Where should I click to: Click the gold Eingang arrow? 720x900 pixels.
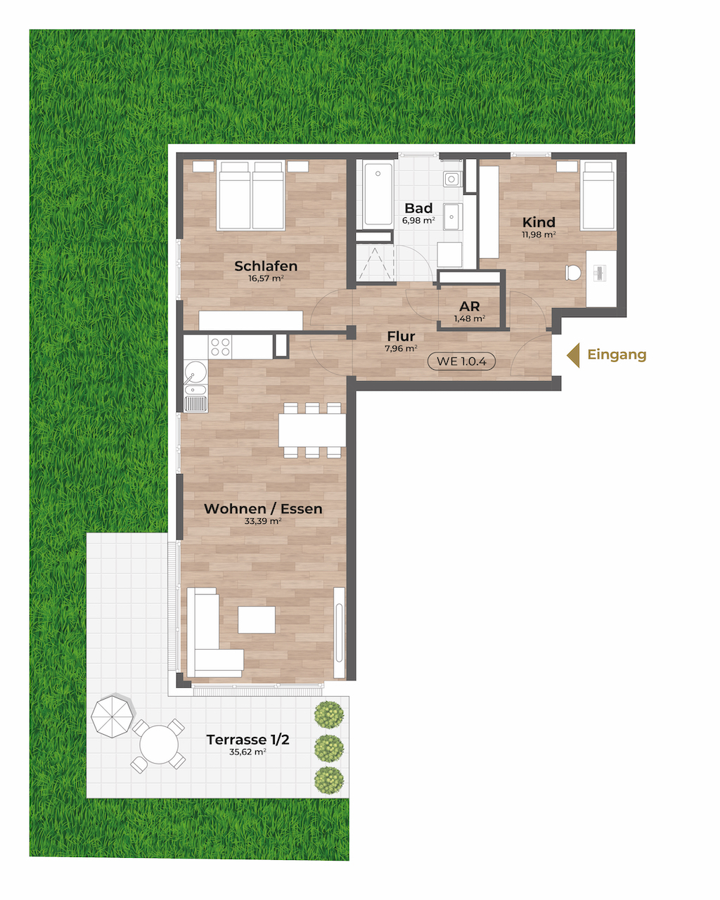[574, 355]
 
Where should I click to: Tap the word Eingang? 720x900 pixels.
[617, 354]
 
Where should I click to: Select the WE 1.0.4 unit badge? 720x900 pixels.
[461, 361]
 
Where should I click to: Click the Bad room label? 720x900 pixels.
[418, 208]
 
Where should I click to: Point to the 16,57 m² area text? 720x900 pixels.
[266, 278]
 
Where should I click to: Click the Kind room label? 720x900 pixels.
[539, 222]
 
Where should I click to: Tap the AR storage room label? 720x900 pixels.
[470, 306]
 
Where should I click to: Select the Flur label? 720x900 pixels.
[401, 336]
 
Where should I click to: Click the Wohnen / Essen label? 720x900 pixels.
[263, 508]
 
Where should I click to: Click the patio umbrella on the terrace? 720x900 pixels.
[112, 716]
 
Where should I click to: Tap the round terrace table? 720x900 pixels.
[159, 745]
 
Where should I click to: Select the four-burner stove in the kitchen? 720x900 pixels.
[220, 347]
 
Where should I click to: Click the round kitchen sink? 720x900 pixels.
[195, 372]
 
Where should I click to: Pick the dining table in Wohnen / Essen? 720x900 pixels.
[312, 430]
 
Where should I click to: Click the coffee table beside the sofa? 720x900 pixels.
[257, 619]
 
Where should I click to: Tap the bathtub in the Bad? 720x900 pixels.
[378, 195]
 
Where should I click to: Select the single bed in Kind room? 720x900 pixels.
[598, 195]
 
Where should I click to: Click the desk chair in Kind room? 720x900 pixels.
[573, 273]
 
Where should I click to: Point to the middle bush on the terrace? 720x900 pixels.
[329, 748]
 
